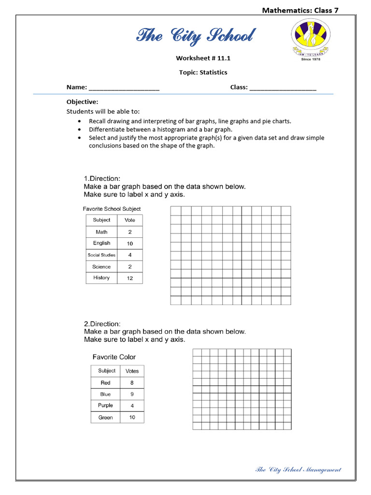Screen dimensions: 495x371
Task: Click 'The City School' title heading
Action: pos(196,36)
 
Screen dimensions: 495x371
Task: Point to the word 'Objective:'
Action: pos(82,102)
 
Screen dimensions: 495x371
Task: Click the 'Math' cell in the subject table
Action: pos(101,232)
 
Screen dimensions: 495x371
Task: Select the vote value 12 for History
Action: pos(129,278)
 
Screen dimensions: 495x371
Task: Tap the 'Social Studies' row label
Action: pos(101,255)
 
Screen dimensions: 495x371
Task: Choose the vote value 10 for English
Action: pos(129,244)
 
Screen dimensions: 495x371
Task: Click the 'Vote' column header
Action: pos(129,220)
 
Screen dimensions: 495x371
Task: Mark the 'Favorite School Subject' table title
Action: pos(112,209)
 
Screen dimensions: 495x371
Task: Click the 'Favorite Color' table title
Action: pos(114,357)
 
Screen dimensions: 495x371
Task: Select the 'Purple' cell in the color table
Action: pos(105,406)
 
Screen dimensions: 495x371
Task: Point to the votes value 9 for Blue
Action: pos(132,394)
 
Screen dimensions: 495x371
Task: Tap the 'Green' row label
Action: pos(105,418)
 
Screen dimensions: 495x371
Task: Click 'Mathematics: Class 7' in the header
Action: pos(300,10)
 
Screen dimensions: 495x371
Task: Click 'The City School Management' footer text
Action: pos(298,469)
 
